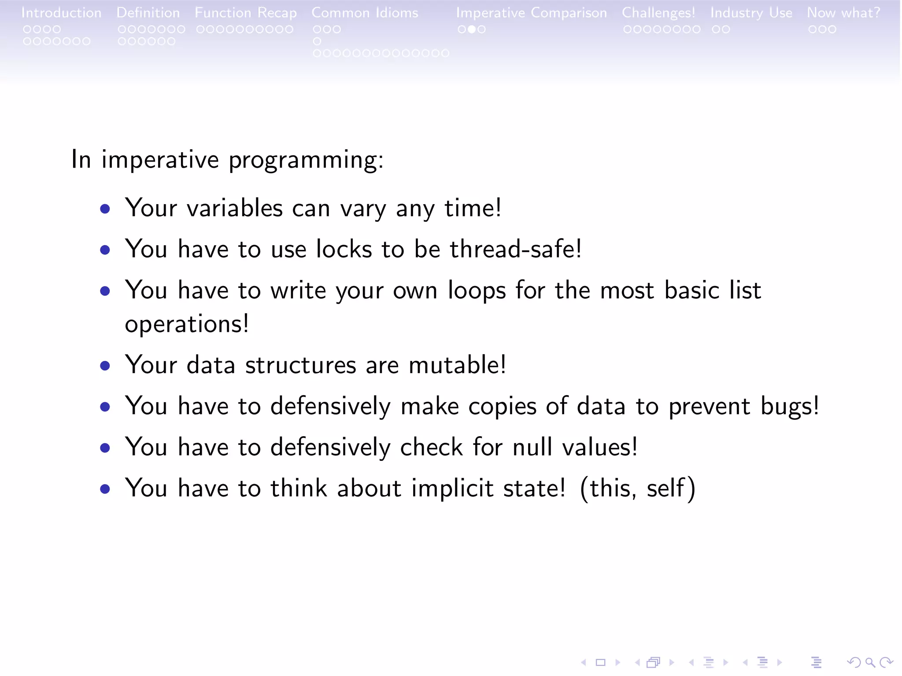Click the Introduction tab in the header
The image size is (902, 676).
(61, 13)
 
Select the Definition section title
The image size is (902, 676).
(148, 13)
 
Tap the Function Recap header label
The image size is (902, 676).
(246, 13)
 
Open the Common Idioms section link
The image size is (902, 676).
(365, 13)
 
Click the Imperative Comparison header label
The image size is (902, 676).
(531, 13)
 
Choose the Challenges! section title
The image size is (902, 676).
(658, 13)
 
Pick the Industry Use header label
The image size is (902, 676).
(751, 13)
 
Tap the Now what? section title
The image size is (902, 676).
(843, 13)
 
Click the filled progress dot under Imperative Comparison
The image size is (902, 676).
(471, 29)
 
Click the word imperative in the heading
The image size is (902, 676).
(160, 159)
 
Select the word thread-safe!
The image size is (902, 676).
(516, 249)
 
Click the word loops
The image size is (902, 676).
(477, 291)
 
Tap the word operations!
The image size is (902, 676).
(187, 324)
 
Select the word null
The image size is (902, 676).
(532, 447)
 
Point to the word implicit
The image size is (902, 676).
(452, 488)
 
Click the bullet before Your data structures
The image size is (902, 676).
(105, 366)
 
